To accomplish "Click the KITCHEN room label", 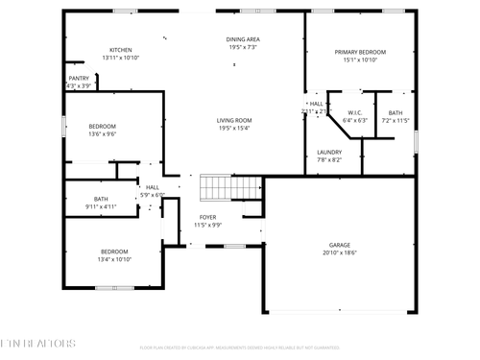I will (120, 50).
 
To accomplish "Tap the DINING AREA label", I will (243, 39).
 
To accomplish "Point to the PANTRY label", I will (79, 79).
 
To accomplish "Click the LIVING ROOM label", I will (233, 120).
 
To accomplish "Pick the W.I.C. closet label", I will (355, 113).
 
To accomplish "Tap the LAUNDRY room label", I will (329, 153).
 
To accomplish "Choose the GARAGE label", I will (339, 245).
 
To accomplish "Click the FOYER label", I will (207, 218).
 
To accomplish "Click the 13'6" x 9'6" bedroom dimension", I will (103, 134).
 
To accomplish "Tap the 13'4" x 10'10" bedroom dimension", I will (114, 259).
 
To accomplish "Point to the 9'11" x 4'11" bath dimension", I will (100, 206).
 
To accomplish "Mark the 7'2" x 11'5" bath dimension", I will (396, 121).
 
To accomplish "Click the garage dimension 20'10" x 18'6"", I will (339, 252).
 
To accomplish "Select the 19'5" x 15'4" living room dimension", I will (233, 128).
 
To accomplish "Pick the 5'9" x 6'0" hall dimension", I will (153, 195).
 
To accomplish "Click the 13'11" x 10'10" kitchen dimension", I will (120, 58).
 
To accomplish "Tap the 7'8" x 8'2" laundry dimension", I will (329, 160).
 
